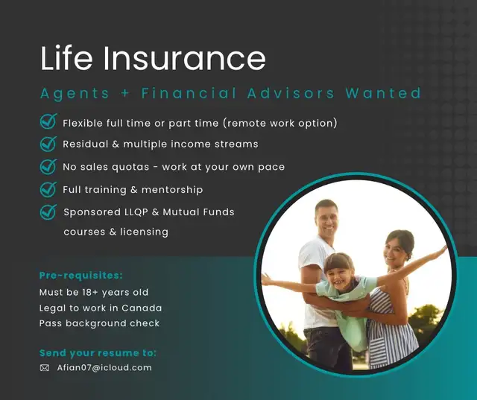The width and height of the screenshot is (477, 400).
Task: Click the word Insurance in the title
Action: (x=184, y=58)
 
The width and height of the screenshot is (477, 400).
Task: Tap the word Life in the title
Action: (x=66, y=58)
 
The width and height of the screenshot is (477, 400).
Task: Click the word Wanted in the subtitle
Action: (x=383, y=93)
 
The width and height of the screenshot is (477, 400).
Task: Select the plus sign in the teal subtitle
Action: (x=125, y=93)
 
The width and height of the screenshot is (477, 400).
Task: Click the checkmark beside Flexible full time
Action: (x=48, y=121)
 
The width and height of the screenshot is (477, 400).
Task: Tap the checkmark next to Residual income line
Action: (x=48, y=144)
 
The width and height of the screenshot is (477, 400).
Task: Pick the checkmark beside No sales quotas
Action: (x=48, y=167)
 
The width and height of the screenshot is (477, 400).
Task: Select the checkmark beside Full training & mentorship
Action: (x=48, y=189)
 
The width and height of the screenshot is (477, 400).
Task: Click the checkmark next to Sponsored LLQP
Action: (x=48, y=212)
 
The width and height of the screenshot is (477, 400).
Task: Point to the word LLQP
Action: (x=136, y=212)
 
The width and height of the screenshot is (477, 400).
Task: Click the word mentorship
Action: (x=172, y=190)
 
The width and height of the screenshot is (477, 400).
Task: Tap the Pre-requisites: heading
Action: (x=81, y=276)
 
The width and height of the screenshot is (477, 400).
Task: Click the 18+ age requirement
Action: (x=90, y=293)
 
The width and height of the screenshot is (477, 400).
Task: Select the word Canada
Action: (x=142, y=308)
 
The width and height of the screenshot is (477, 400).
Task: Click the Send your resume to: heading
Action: (x=98, y=353)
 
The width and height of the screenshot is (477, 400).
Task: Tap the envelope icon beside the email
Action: (x=45, y=368)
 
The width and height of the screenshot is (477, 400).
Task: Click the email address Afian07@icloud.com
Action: (x=104, y=368)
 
